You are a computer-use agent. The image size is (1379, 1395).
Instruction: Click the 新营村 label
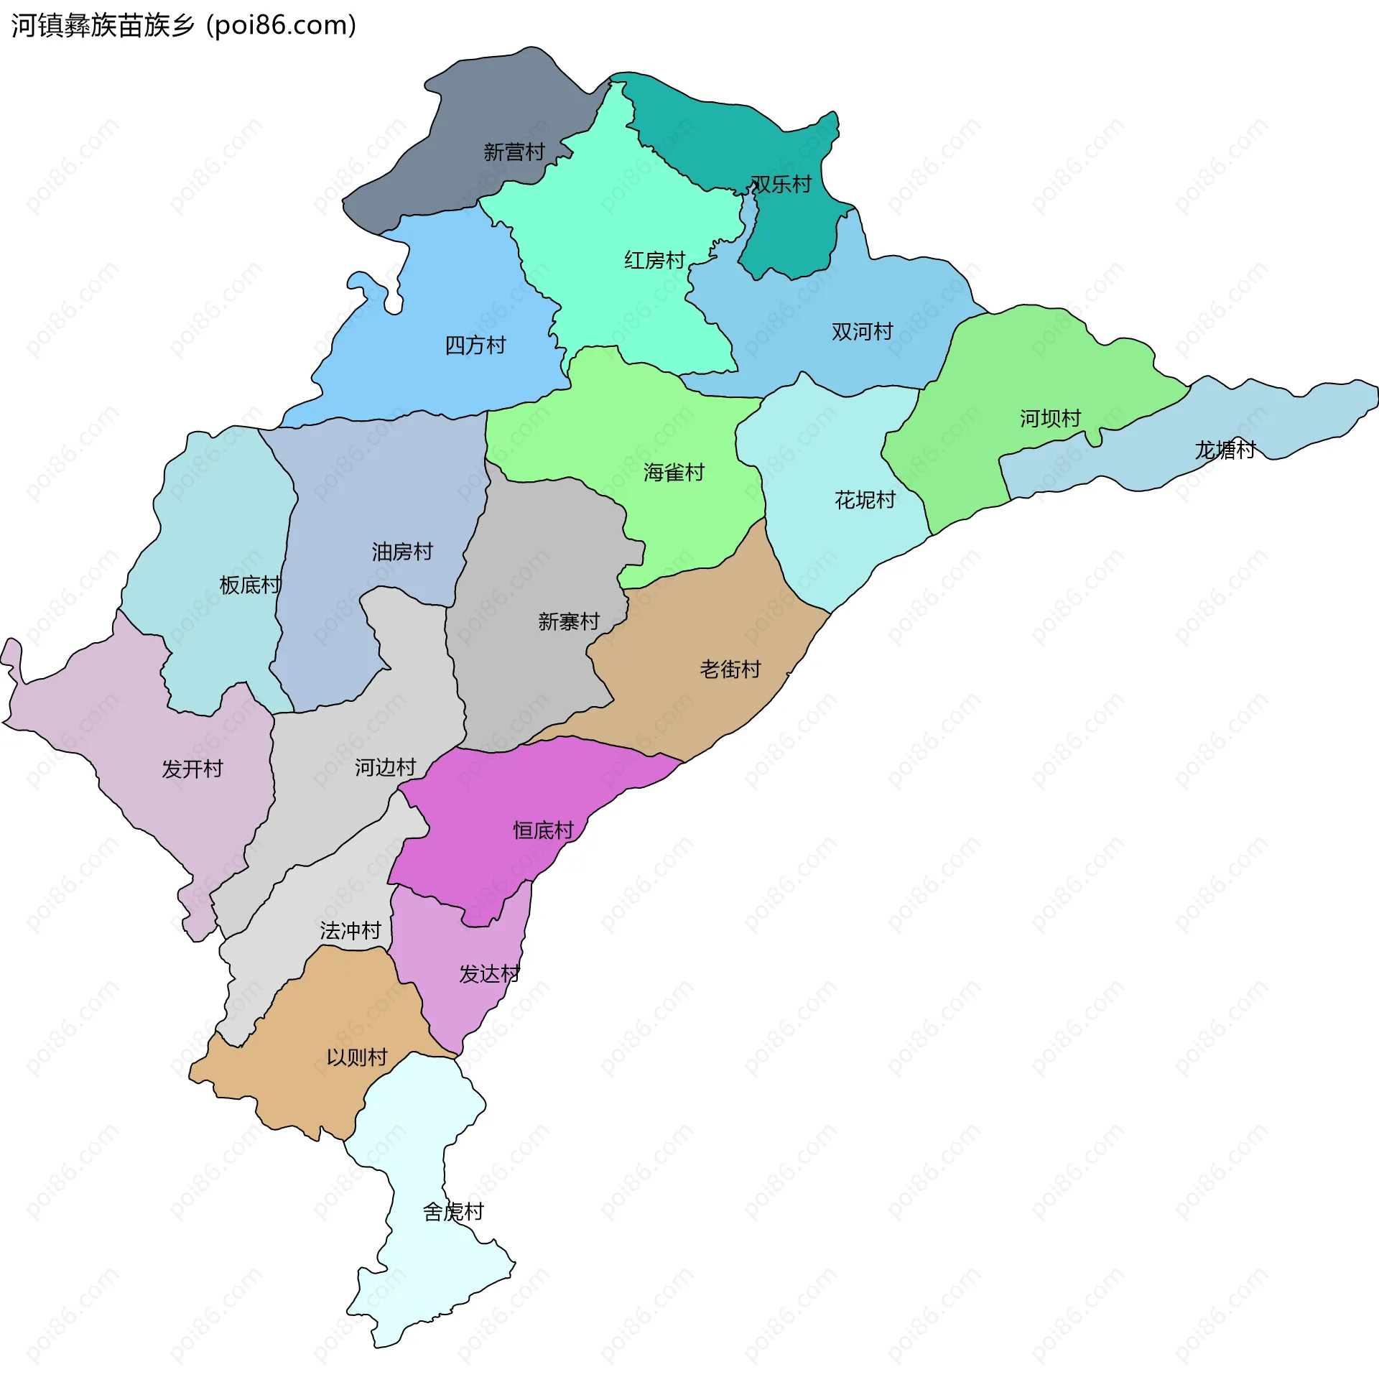click(x=514, y=152)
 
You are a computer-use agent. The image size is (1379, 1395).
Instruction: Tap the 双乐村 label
click(x=781, y=185)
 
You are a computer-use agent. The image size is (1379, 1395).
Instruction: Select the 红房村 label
click(x=654, y=261)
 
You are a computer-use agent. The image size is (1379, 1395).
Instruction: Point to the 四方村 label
click(x=475, y=346)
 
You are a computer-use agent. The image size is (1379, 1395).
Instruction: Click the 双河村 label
click(x=862, y=332)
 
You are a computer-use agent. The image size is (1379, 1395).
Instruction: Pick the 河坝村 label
click(x=1050, y=419)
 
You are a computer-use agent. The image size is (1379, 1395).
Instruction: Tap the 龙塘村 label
click(x=1225, y=450)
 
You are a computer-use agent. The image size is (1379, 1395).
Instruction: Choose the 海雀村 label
click(x=674, y=473)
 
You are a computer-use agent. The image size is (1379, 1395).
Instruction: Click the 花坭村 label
click(x=865, y=501)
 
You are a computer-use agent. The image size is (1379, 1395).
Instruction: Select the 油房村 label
click(x=402, y=552)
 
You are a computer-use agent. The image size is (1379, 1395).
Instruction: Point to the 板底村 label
click(x=250, y=585)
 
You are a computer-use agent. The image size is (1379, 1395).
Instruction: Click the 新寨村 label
click(x=569, y=621)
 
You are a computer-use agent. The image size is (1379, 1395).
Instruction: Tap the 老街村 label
click(x=730, y=670)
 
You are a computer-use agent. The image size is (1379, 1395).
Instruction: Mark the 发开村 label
click(x=192, y=770)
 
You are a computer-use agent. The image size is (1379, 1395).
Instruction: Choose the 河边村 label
click(x=385, y=769)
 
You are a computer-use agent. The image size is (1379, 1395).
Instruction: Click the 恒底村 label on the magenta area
click(x=543, y=831)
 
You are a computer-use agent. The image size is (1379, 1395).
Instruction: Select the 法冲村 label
click(x=350, y=932)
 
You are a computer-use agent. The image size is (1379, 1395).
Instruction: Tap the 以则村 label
click(x=357, y=1059)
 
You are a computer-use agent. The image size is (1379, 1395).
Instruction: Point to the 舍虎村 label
click(x=452, y=1213)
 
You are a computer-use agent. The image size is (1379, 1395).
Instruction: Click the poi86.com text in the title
click(x=281, y=26)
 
